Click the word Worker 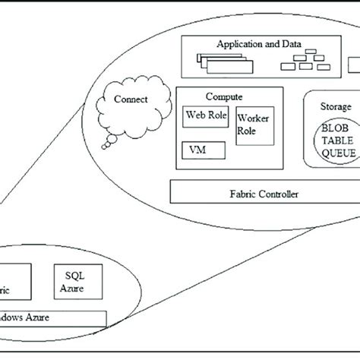[252, 119]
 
